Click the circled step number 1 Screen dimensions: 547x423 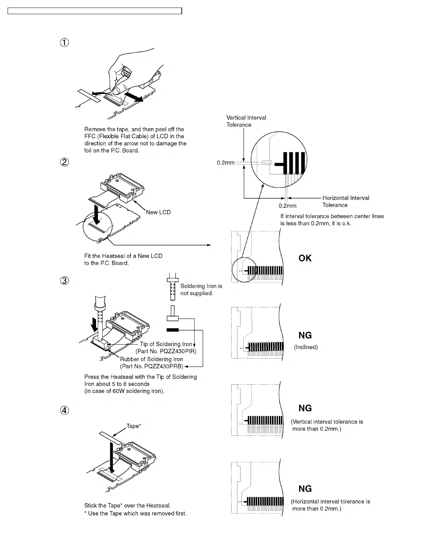coord(65,43)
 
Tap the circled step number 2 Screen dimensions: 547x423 coord(65,162)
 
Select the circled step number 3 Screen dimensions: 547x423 coord(65,281)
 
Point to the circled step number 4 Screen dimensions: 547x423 coord(65,410)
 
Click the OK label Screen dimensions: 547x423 coord(305,258)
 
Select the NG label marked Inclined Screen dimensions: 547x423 coord(305,335)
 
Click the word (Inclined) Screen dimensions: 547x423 coord(305,347)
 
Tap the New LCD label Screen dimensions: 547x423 coord(158,212)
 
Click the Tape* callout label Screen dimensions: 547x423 coord(133,426)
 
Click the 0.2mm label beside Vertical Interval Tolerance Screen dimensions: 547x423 coord(226,163)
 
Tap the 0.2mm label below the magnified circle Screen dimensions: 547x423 coord(288,206)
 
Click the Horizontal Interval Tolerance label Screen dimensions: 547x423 coord(345,201)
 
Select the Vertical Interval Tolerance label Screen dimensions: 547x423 coord(246,121)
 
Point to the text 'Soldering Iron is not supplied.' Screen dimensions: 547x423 coord(201,289)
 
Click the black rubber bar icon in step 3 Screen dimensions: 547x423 coord(172,330)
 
